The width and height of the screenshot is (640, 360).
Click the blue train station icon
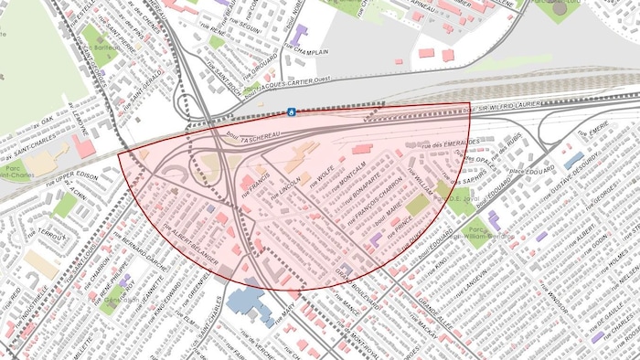291,111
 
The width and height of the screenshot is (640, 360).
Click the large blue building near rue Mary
249,303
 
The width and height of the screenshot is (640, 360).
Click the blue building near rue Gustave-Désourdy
573,161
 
